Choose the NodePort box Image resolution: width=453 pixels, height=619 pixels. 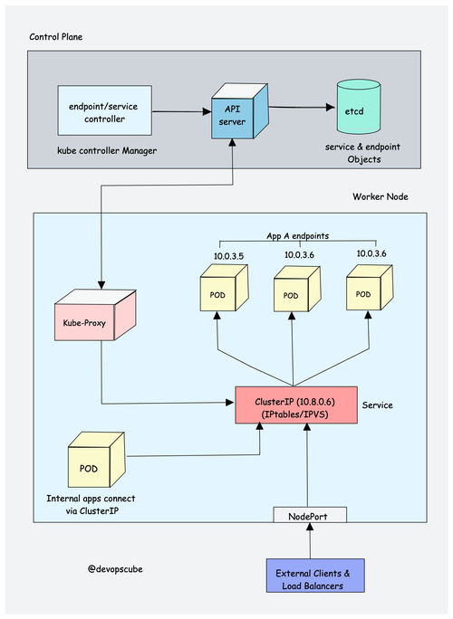[311, 515]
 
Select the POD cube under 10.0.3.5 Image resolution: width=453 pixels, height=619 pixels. [218, 294]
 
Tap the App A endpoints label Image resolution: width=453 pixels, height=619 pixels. [296, 235]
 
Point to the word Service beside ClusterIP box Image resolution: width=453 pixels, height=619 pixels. [377, 405]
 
